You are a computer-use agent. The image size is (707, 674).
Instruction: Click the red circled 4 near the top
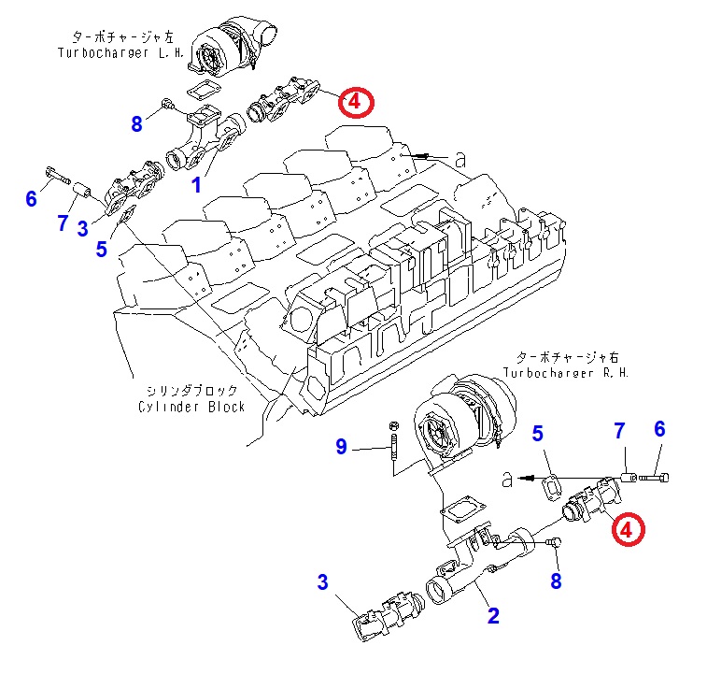click(x=356, y=101)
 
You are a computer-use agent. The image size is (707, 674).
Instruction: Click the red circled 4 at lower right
click(x=627, y=529)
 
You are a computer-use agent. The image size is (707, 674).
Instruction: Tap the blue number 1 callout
click(x=196, y=185)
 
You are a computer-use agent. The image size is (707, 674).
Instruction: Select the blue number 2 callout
click(x=493, y=615)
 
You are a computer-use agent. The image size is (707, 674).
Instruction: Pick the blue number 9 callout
click(x=342, y=448)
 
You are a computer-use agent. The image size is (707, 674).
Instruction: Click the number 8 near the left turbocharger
click(x=137, y=123)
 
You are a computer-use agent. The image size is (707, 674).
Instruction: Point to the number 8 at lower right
click(x=557, y=581)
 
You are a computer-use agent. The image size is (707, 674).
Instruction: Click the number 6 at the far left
click(x=31, y=198)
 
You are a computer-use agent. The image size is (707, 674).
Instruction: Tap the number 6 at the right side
click(x=659, y=429)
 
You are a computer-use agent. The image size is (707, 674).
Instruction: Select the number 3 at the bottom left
click(x=322, y=583)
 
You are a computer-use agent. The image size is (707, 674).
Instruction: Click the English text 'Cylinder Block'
click(x=191, y=407)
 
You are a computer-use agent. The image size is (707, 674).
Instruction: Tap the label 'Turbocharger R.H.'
click(x=566, y=372)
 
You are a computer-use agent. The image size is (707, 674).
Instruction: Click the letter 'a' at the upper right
click(x=460, y=160)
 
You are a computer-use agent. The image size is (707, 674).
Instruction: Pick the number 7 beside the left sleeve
click(x=62, y=222)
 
